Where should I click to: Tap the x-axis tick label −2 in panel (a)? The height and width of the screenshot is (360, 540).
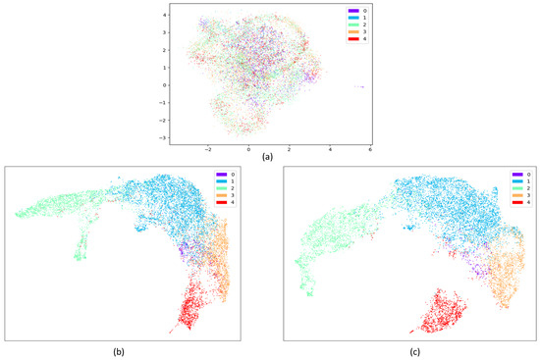click(208, 149)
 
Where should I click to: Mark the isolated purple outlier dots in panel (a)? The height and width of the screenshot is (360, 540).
click(360, 86)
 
